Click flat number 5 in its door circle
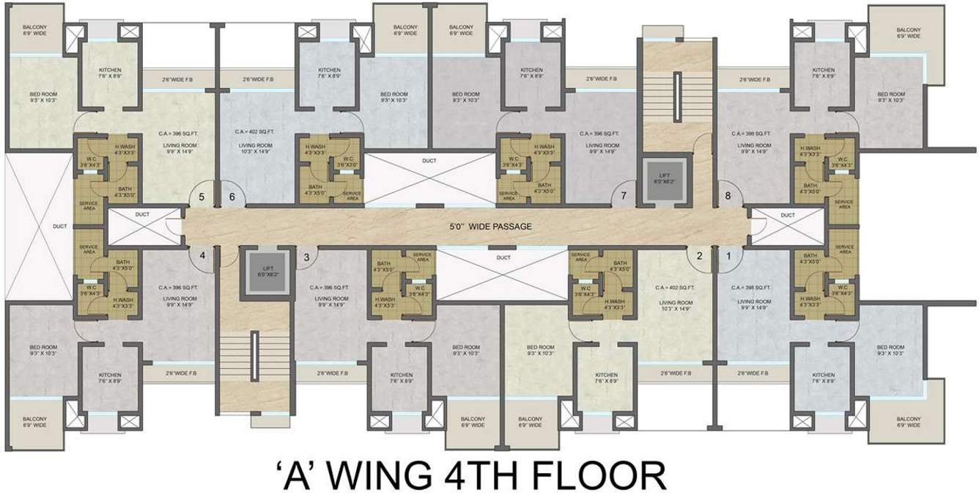201,197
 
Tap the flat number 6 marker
232,197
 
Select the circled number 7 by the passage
624,196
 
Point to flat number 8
728,196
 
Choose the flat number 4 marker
202,256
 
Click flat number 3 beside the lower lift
306,256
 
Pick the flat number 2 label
699,256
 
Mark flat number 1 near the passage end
728,256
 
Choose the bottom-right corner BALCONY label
908,421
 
